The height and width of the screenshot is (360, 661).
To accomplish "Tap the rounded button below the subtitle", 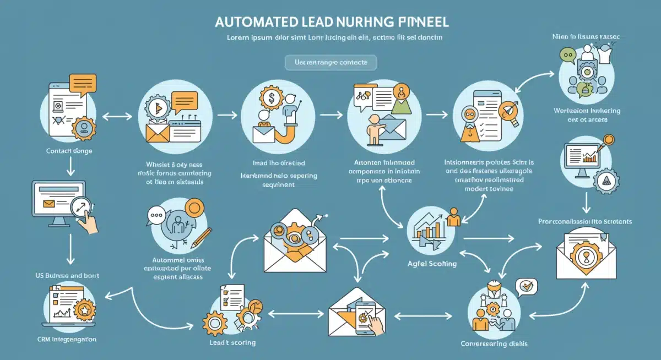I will point(330,62).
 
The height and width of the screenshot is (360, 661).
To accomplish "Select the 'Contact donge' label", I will point(69,150).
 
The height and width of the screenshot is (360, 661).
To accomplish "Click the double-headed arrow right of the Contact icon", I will point(117,116).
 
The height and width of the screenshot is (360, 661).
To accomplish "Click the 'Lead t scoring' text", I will point(232,342).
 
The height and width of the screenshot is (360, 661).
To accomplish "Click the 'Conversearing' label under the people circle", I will point(494,343).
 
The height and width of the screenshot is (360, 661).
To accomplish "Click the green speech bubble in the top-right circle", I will point(567,54).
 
